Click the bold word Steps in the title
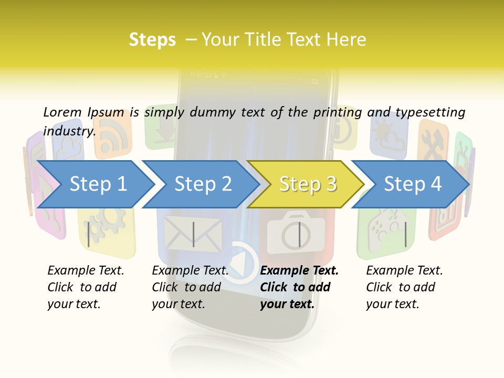pos(152,40)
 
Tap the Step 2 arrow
pos(203,184)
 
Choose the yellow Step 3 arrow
pos(308,184)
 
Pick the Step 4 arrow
pos(413,184)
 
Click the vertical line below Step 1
pos(89,234)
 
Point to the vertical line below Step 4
pos(405,234)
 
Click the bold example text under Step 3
pos(299,287)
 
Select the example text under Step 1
pos(86,287)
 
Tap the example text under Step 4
pos(404,287)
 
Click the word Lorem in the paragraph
pos(62,112)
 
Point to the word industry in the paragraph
pos(69,131)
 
